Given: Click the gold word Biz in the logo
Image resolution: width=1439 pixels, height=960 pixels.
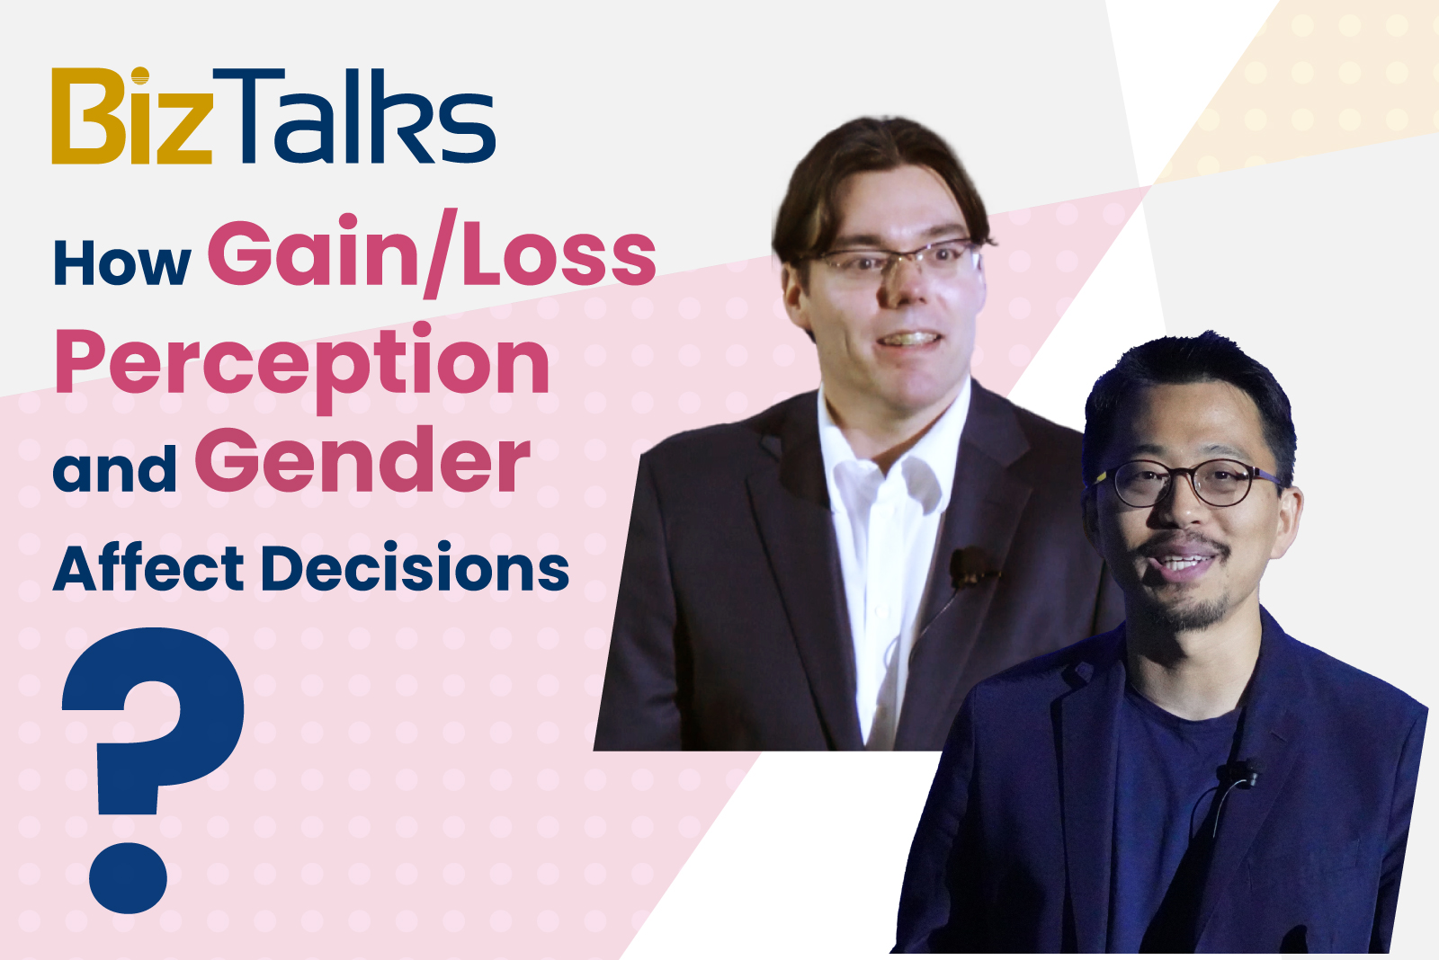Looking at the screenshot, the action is click(131, 116).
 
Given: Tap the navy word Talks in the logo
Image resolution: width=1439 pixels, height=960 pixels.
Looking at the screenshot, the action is click(354, 116).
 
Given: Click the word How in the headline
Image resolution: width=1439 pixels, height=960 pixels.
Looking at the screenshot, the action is click(122, 263).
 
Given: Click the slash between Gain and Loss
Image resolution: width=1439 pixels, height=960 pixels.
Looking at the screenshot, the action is click(441, 253).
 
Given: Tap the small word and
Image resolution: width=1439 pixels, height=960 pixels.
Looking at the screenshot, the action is click(115, 467).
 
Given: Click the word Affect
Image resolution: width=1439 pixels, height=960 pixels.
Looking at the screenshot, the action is click(147, 567).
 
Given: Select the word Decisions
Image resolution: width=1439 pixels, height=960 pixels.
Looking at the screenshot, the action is click(415, 568).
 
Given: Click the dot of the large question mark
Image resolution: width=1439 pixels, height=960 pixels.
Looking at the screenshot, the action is click(128, 878).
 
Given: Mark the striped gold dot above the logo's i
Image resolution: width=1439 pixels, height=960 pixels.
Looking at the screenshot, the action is click(140, 76).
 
